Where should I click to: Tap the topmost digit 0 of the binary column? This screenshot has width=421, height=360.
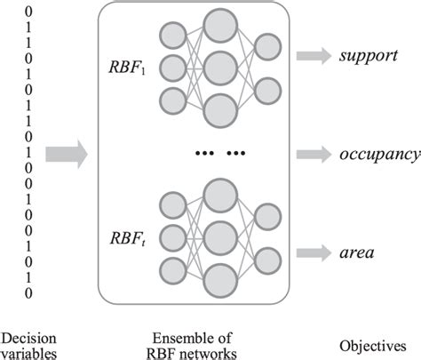(x=31, y=12)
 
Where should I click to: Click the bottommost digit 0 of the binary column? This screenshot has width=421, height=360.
(x=31, y=292)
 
